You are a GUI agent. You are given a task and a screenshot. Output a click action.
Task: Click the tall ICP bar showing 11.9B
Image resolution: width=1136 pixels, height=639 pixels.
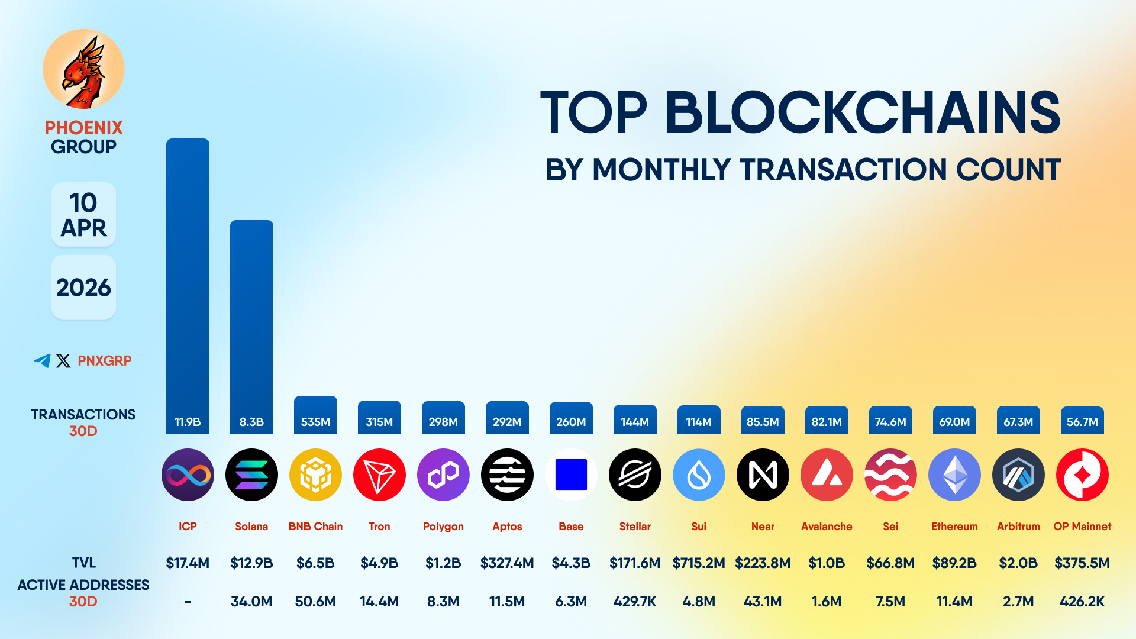[x=188, y=284]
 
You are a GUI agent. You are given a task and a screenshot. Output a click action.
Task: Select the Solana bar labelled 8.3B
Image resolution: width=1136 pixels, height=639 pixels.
[x=251, y=325]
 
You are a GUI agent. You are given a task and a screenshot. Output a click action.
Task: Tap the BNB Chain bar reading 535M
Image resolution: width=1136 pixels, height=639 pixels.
[x=315, y=415]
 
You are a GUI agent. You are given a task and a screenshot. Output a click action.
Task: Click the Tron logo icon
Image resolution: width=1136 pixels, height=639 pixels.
[x=379, y=475]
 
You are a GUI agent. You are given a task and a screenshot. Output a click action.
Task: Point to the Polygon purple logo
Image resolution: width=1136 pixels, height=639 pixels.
[x=443, y=475]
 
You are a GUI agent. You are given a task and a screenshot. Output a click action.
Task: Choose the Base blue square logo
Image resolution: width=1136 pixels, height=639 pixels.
[x=571, y=475]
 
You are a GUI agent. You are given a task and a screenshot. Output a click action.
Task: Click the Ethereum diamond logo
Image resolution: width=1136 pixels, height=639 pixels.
[x=954, y=475]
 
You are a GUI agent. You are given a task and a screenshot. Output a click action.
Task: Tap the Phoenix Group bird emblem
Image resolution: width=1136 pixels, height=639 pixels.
[x=83, y=69]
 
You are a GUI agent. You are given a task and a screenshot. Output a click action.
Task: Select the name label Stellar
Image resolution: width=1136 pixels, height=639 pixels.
[x=635, y=526]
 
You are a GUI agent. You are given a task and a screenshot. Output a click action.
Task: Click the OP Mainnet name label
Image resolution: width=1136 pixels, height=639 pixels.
[x=1082, y=526]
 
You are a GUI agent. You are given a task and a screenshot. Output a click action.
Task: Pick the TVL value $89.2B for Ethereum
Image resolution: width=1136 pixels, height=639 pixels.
[x=954, y=563]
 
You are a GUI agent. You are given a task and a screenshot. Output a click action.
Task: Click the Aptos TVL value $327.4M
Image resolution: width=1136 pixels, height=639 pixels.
[x=507, y=563]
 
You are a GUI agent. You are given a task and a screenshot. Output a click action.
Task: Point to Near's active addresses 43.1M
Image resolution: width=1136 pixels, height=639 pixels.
[x=763, y=602]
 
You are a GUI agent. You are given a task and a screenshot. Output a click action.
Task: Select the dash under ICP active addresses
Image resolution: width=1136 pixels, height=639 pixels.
[x=188, y=602]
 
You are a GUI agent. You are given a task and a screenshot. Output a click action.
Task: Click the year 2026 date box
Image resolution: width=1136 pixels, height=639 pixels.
[x=83, y=288]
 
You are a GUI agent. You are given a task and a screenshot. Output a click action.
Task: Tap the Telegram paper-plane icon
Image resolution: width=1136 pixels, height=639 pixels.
[x=42, y=360]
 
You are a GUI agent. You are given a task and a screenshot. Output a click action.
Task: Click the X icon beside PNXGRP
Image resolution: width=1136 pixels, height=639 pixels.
[x=63, y=360]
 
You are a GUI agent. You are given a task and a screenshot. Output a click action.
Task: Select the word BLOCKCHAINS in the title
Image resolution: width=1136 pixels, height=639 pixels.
[x=863, y=112]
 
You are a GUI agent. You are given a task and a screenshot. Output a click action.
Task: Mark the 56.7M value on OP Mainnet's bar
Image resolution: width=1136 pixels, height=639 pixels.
[x=1082, y=422]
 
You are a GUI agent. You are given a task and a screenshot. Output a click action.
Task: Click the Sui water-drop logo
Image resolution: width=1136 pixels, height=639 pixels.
[x=699, y=475]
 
